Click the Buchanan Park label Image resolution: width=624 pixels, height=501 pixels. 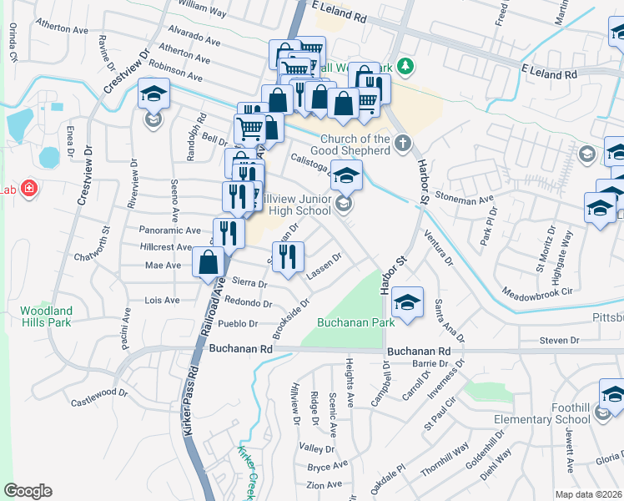(355, 321)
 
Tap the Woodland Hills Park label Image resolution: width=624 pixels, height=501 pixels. (46, 317)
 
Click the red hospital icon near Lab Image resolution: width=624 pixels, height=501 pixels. (29, 189)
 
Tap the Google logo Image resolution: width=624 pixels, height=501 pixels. (28, 491)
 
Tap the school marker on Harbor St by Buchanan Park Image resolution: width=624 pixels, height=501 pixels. (406, 301)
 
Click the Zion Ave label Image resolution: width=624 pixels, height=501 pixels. (325, 484)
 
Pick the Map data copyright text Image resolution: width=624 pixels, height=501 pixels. (586, 493)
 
